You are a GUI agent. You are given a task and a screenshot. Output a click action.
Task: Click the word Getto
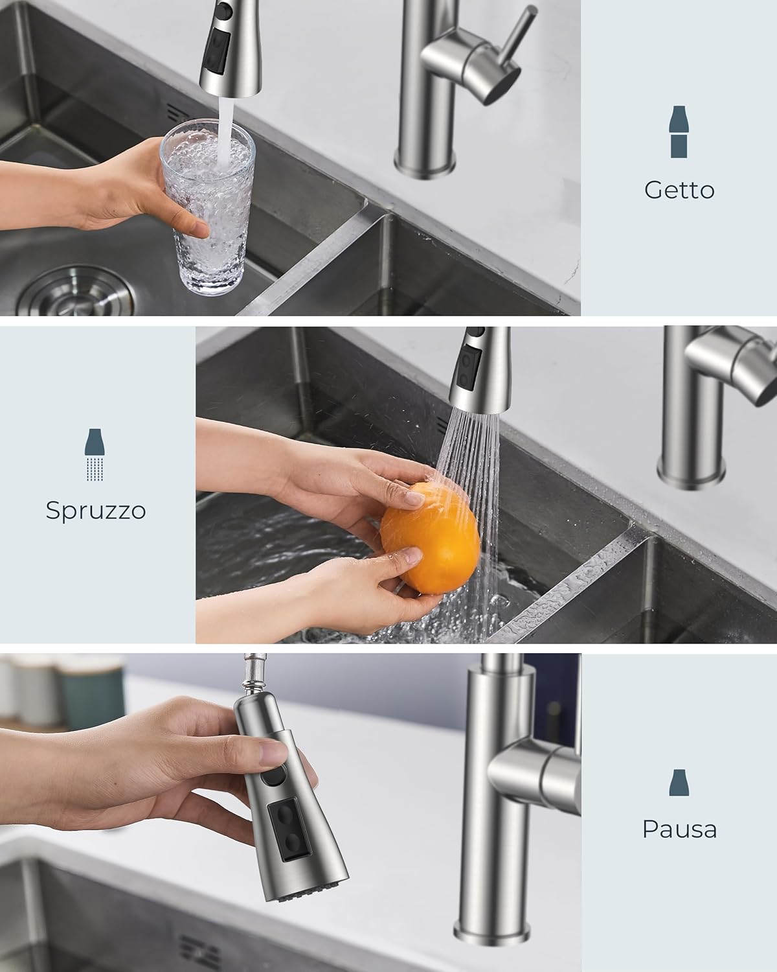679,190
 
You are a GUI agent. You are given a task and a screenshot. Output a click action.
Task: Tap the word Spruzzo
96,511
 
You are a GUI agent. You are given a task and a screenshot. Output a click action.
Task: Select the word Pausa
679,829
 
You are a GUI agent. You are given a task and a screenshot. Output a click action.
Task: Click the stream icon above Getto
679,132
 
